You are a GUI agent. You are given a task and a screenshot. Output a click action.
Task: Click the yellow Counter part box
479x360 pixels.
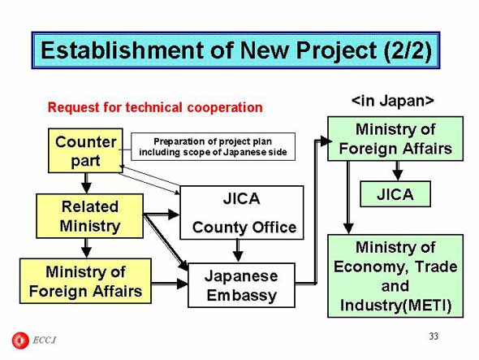85,150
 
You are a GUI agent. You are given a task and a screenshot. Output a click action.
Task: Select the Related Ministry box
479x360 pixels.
90,216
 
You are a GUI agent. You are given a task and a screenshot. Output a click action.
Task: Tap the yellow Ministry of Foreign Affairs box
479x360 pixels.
85,281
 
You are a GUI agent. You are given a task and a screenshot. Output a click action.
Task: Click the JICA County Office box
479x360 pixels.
242,213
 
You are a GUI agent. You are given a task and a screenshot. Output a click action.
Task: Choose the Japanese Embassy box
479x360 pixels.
242,285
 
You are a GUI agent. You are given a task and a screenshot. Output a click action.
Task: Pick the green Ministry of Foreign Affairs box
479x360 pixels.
395,139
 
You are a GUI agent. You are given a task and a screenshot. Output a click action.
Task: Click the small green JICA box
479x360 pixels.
395,194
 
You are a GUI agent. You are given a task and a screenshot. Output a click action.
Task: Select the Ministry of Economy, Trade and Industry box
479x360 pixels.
395,275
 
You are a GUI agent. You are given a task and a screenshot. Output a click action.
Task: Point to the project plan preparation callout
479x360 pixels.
214,146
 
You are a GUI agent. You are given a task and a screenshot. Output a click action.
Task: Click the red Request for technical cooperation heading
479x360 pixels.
155,107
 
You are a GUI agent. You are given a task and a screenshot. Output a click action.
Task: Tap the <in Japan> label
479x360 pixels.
393,101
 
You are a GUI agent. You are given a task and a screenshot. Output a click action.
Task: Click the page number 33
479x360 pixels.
434,336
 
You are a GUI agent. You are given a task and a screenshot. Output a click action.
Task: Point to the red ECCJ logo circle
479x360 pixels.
20,340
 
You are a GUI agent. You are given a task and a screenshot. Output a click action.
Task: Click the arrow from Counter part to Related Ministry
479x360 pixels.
86,183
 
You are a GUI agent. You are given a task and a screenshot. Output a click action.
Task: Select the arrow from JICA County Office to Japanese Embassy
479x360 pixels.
238,250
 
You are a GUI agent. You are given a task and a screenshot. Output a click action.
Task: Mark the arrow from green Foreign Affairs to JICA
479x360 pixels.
398,171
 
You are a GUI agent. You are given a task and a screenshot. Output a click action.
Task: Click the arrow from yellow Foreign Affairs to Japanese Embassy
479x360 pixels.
170,284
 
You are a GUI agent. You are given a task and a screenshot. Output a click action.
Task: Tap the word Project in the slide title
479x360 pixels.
336,50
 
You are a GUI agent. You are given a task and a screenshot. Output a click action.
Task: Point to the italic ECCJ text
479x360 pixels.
44,340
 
